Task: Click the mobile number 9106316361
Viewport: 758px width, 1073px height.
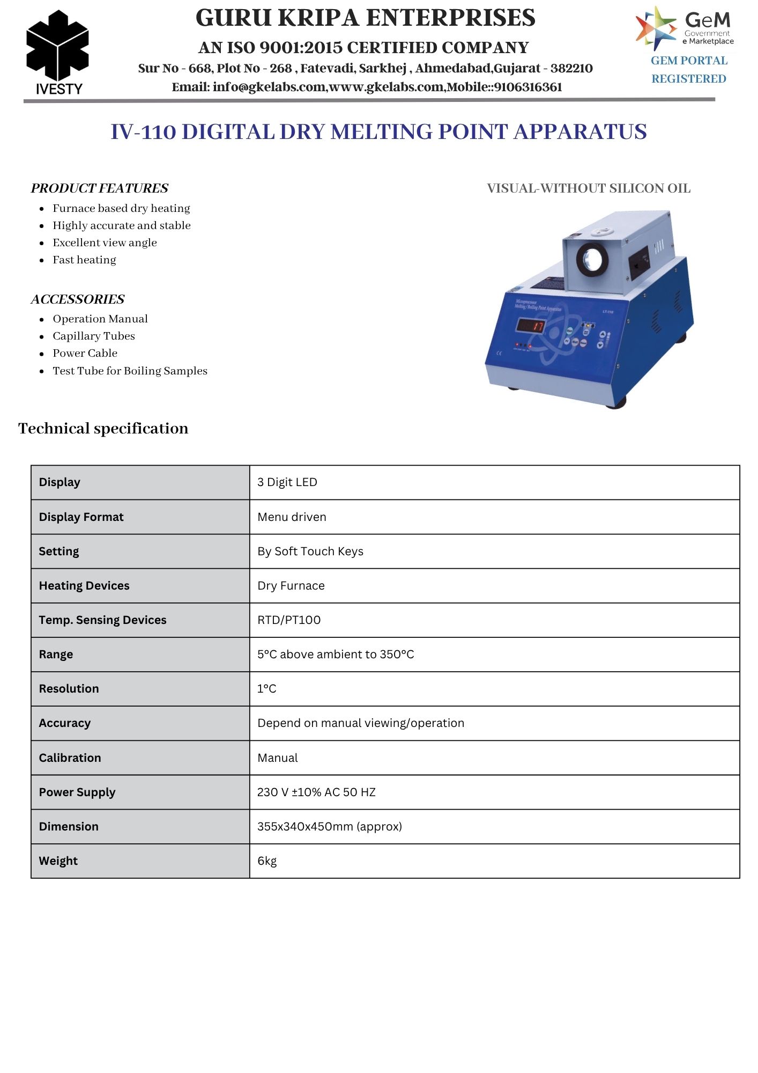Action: coord(528,87)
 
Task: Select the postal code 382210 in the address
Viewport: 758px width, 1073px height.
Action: coord(571,69)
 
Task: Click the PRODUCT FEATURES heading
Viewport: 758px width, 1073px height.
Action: coord(100,188)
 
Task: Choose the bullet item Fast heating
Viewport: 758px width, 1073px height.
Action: coord(84,260)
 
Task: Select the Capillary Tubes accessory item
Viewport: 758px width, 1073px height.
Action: coord(94,336)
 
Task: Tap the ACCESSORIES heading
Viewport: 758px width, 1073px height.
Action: coord(78,299)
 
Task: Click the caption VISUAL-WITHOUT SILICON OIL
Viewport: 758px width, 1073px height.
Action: coord(588,188)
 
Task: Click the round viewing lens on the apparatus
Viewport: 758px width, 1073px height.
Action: coord(592,259)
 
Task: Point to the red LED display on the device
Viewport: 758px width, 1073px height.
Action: coord(531,326)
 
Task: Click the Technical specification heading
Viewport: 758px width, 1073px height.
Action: coord(103,429)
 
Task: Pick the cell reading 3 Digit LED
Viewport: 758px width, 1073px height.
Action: coord(287,482)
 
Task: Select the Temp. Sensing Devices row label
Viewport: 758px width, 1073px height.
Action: coord(102,620)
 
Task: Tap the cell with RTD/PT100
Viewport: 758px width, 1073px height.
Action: coord(289,620)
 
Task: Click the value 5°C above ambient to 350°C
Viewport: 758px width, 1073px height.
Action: coord(336,655)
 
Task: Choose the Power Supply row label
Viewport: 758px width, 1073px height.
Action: coord(77,792)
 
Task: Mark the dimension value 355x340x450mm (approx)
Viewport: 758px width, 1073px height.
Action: coord(330,827)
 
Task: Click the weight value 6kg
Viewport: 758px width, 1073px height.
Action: coord(267,861)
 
